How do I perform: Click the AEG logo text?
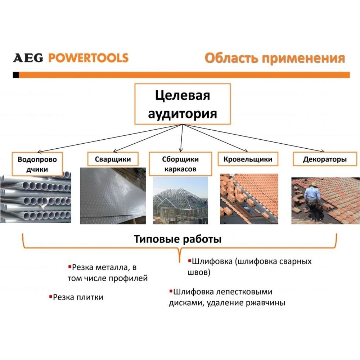(x=28, y=58)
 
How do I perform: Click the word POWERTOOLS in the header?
(x=89, y=58)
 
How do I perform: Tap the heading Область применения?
(x=275, y=58)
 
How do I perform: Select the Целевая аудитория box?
(x=183, y=104)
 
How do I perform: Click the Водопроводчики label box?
(x=37, y=164)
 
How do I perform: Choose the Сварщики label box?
(x=113, y=159)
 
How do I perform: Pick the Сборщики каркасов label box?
(x=180, y=164)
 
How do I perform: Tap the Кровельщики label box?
(x=248, y=159)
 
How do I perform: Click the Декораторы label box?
(x=325, y=159)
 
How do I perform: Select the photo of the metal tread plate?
(x=113, y=196)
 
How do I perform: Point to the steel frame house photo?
(x=180, y=200)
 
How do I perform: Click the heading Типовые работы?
(x=178, y=239)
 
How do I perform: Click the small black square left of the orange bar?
(x=16, y=75)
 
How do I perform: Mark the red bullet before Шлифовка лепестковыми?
(x=171, y=291)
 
